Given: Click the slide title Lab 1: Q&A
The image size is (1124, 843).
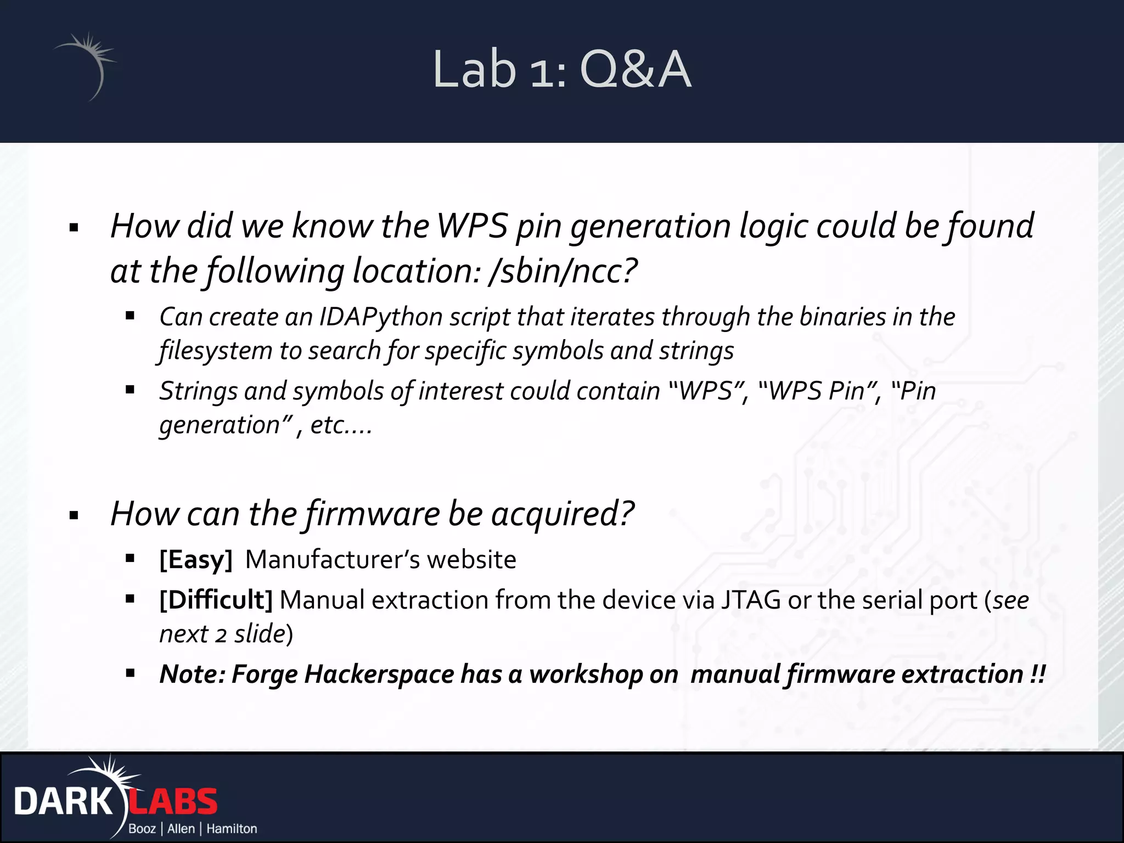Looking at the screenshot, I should coord(561,69).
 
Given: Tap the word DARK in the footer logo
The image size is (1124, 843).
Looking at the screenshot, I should coord(63,802).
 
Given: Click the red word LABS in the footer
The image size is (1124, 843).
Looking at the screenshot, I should coord(173,802).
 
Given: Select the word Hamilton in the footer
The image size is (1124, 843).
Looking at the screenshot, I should coord(232,829).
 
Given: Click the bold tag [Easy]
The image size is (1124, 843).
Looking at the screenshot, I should coord(196,560).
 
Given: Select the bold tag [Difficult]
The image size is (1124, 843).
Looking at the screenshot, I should coord(216,600).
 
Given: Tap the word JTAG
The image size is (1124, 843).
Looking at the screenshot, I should coord(750,600).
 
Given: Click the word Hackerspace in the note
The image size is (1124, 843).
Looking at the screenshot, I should coord(379,674).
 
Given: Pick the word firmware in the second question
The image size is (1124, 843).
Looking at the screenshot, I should coord(372,514).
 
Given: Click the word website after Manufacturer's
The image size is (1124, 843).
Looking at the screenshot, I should coord(471,560).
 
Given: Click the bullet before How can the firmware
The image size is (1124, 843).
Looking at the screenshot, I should coord(74,515).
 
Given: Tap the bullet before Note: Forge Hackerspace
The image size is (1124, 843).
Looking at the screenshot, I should coord(130,673).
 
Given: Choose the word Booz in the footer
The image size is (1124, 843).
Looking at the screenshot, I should coord(142,829).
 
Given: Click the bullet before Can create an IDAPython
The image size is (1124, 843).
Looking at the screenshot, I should coord(130,316).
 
